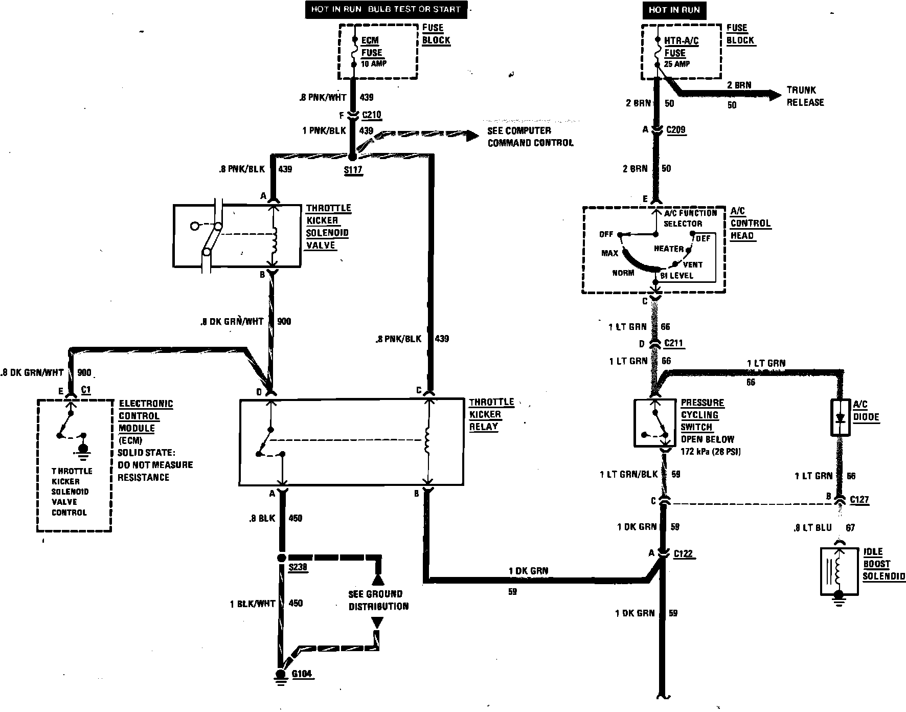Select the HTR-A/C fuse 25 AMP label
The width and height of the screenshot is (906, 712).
[680, 52]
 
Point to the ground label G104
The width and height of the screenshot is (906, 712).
[302, 674]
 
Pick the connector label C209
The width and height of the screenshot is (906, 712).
[675, 130]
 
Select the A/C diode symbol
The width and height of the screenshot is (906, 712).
[840, 417]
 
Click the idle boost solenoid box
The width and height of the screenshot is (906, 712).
[839, 571]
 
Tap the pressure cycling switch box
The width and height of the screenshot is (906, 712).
[656, 422]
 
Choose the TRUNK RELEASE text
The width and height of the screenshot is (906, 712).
[805, 96]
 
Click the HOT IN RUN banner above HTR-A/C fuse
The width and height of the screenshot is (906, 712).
[674, 10]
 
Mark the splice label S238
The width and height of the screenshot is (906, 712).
[298, 567]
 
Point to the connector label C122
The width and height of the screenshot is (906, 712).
[683, 553]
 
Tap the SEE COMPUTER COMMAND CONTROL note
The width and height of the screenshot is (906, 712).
[530, 137]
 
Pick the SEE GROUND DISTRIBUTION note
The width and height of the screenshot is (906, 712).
[378, 600]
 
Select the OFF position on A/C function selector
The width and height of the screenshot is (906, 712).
[606, 234]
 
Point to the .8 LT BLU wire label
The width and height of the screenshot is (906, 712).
[812, 527]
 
